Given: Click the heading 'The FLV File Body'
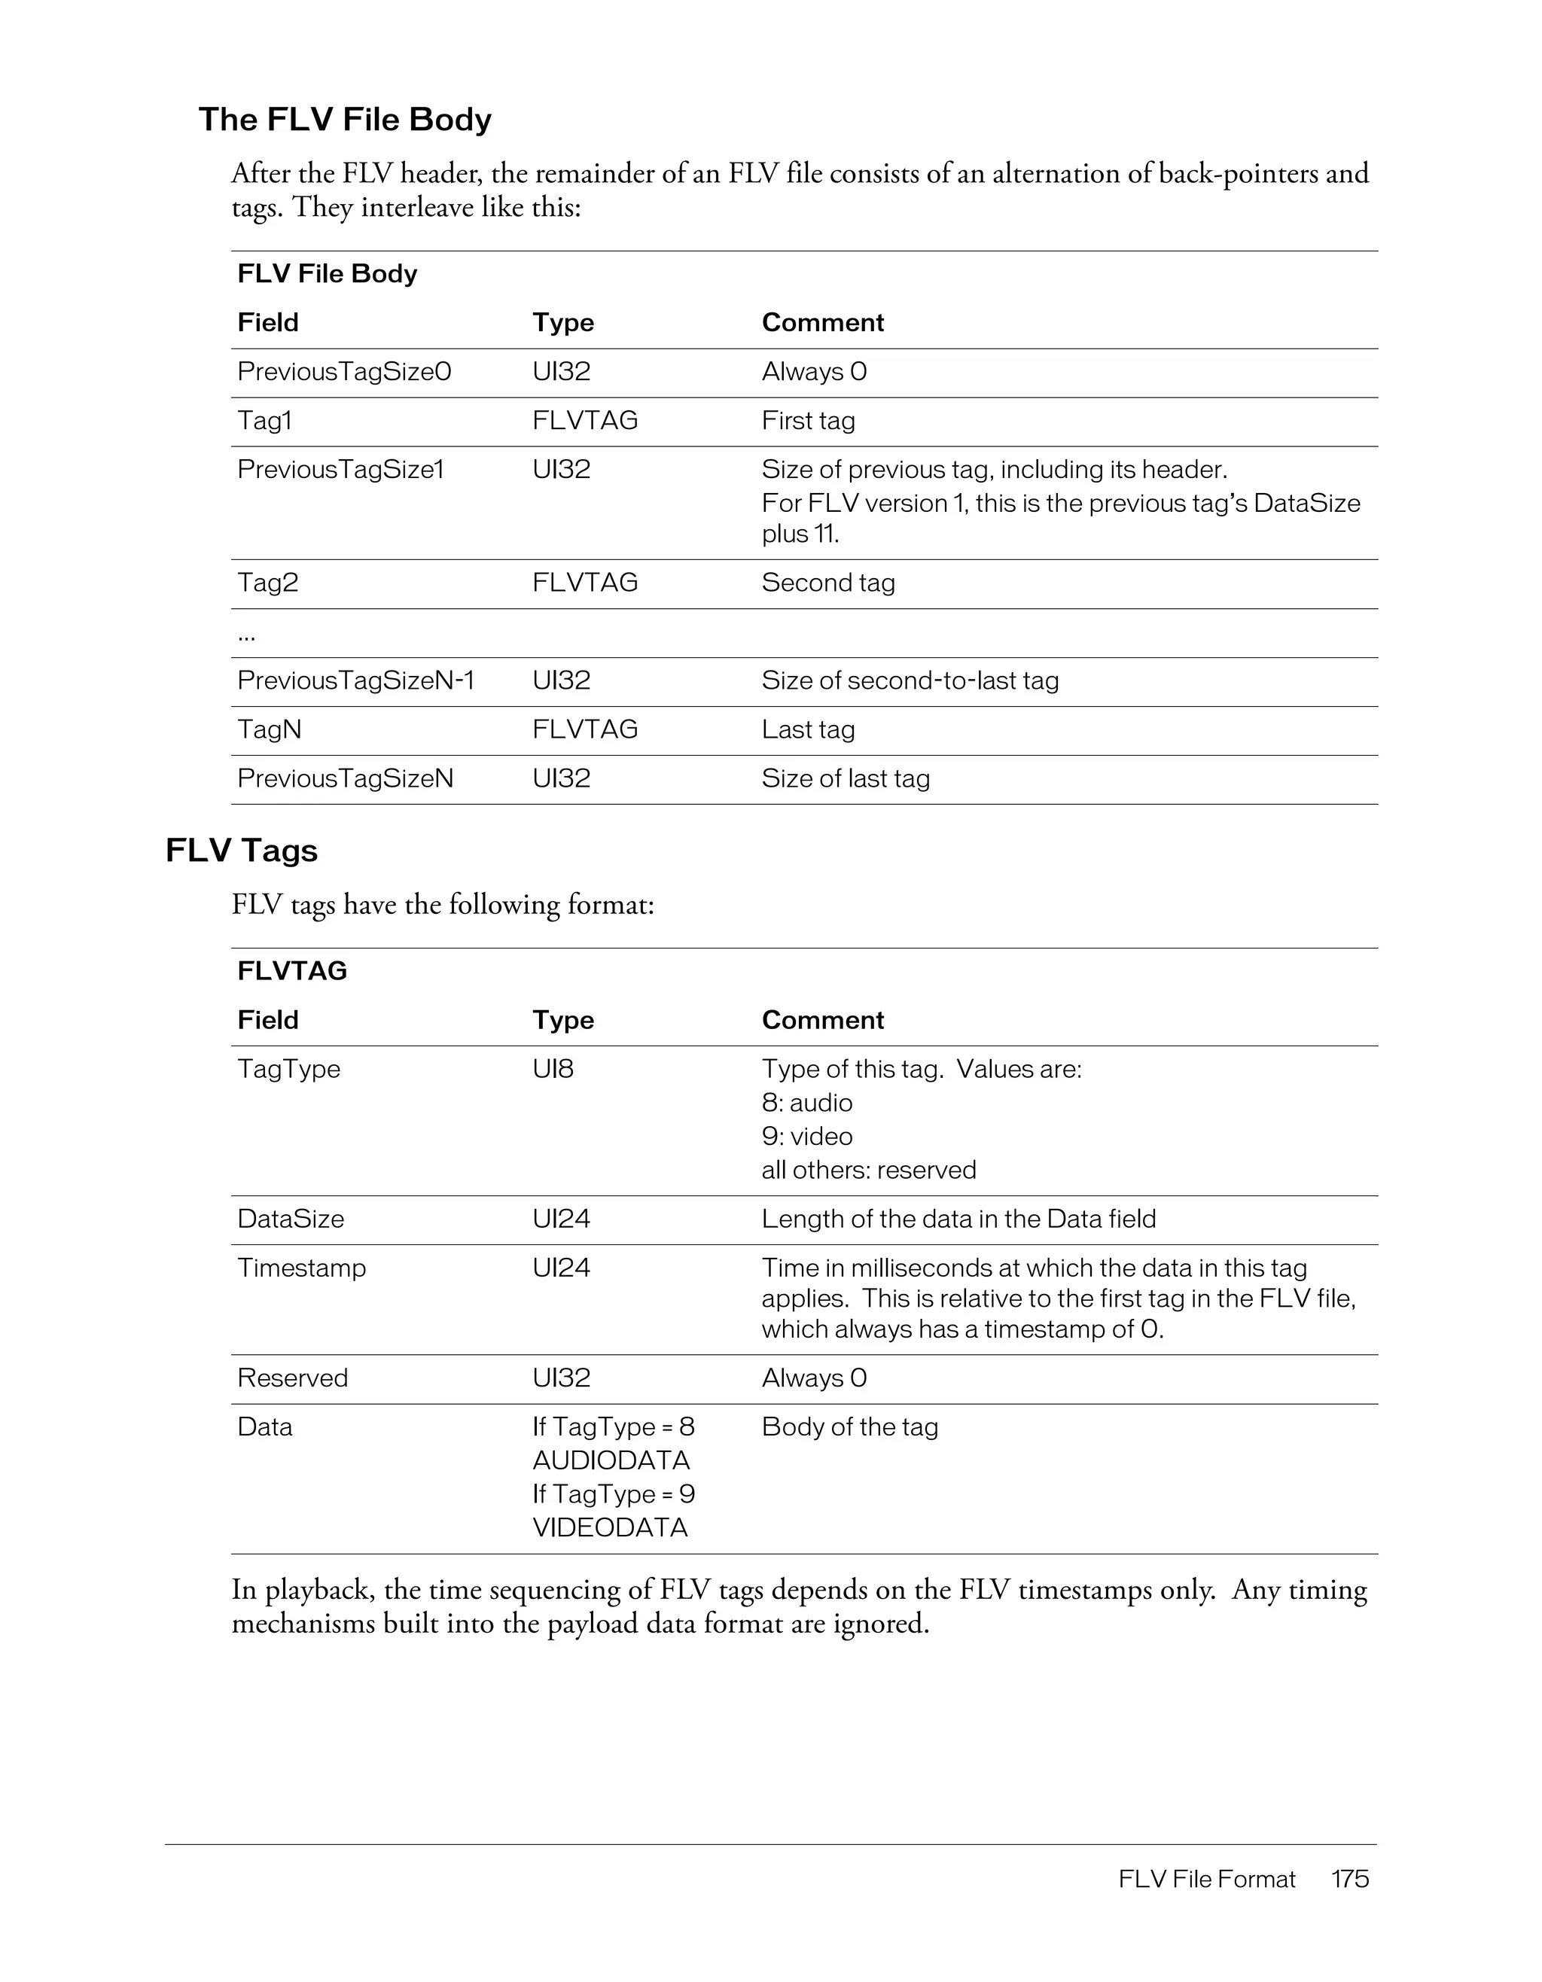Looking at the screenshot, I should (x=345, y=120).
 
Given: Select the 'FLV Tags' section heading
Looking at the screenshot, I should (x=242, y=851).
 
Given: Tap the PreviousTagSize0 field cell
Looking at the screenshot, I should (x=344, y=372).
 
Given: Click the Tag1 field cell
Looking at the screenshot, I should (x=265, y=421).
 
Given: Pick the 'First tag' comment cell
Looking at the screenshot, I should (x=808, y=421).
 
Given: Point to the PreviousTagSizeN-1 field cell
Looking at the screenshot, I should (x=356, y=680).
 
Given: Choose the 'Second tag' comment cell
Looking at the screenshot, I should (x=827, y=583).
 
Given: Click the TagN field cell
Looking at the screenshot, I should (x=270, y=729).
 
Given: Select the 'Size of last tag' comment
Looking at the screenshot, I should (x=845, y=778).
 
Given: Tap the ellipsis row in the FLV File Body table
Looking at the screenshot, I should (x=247, y=635).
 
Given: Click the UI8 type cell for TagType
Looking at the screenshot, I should (x=553, y=1069).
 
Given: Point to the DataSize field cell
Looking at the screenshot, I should (x=291, y=1219).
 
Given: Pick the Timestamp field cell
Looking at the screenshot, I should (x=301, y=1268).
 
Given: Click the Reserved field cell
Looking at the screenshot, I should (x=292, y=1378).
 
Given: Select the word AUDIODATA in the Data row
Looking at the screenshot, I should (x=611, y=1460).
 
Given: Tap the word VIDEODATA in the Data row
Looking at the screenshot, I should (x=610, y=1527).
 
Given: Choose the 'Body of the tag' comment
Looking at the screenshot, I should (x=849, y=1426).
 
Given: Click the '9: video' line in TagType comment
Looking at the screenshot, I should (x=807, y=1136).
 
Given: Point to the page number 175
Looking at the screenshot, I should (x=1349, y=1879).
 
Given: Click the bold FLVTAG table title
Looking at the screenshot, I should (x=292, y=971).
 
